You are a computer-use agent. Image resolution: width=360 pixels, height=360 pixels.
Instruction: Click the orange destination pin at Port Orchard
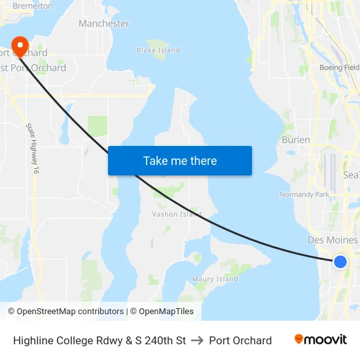coord(20,45)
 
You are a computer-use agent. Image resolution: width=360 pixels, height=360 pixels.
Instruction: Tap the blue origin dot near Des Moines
coord(340,262)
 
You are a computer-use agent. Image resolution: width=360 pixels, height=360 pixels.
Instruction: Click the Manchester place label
coord(103,24)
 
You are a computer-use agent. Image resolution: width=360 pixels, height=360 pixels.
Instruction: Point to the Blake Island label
coord(158,50)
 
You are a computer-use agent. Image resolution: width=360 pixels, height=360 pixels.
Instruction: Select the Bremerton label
coord(32,5)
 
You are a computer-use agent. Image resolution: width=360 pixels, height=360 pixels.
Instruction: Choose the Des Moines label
coord(333,240)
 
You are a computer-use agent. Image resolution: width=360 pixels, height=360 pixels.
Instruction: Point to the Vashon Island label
coord(177,214)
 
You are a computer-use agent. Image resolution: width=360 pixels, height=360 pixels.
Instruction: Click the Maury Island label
coord(215,279)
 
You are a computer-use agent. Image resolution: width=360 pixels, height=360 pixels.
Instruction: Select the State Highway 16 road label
coord(32,148)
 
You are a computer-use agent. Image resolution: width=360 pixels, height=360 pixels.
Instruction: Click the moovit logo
coord(320,340)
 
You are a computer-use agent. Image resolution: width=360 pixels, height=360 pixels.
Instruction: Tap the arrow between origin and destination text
coord(198,340)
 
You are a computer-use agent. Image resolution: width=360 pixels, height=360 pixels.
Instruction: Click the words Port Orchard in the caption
coord(240,340)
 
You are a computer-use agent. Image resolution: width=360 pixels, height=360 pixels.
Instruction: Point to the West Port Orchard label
coord(33,68)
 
